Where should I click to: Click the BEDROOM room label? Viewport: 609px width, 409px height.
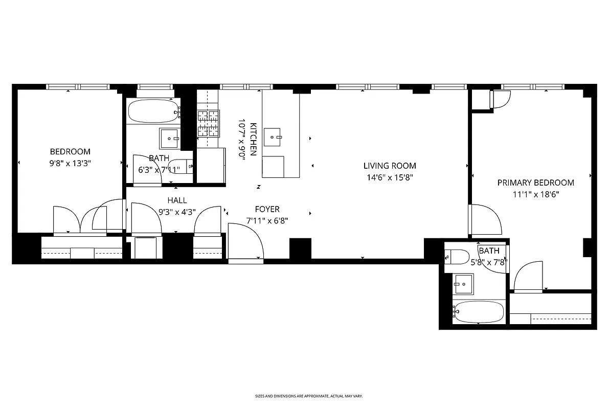coord(70,151)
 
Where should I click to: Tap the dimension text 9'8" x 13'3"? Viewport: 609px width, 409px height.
coord(70,164)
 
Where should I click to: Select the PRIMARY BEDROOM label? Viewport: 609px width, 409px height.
coord(535,183)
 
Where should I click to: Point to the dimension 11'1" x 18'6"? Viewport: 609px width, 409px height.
coord(535,195)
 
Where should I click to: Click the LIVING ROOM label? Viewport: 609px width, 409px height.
coord(390,166)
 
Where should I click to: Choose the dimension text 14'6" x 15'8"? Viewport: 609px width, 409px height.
coord(390,178)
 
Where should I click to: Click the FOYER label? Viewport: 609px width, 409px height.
coord(267,209)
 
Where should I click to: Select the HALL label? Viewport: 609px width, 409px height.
coord(177,200)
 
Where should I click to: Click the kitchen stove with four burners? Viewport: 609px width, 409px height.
coord(209,123)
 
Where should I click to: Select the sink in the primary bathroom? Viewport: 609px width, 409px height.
coord(464,283)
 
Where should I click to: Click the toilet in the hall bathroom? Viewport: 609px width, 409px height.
coord(182,167)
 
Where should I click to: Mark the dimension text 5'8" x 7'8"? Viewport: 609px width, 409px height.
coord(489,262)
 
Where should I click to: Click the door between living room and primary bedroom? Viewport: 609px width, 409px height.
coord(484,219)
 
